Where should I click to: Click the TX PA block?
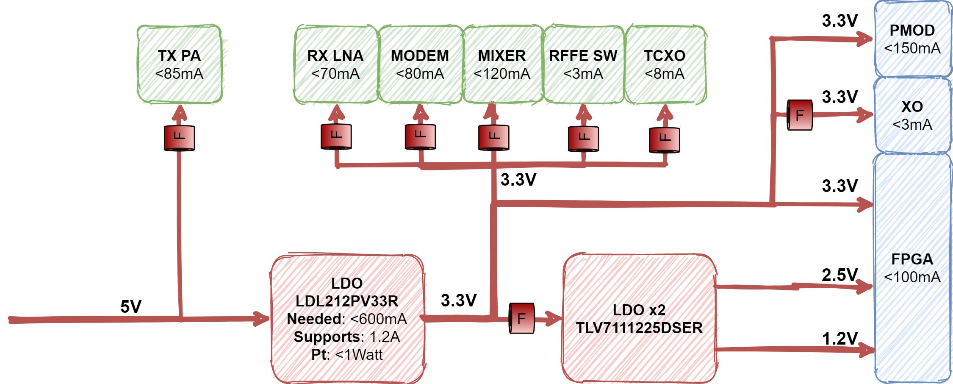tap(179, 64)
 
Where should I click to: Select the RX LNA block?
tap(335, 64)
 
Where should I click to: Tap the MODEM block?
tap(420, 64)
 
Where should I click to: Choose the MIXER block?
tap(502, 64)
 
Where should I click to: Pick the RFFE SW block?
tap(583, 64)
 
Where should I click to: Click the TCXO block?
tap(665, 64)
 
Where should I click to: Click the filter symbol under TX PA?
tap(180, 138)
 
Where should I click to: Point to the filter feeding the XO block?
tap(800, 115)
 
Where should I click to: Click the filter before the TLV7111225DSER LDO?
tap(521, 318)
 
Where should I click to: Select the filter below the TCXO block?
tap(665, 140)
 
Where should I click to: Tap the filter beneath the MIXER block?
tap(494, 137)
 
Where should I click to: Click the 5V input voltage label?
tap(131, 306)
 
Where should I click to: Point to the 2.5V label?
tap(839, 275)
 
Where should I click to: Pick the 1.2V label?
tap(839, 339)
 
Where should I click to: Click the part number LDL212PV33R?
tap(346, 301)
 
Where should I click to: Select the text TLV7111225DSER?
tap(639, 328)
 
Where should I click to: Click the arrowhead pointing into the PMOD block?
tap(864, 40)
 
